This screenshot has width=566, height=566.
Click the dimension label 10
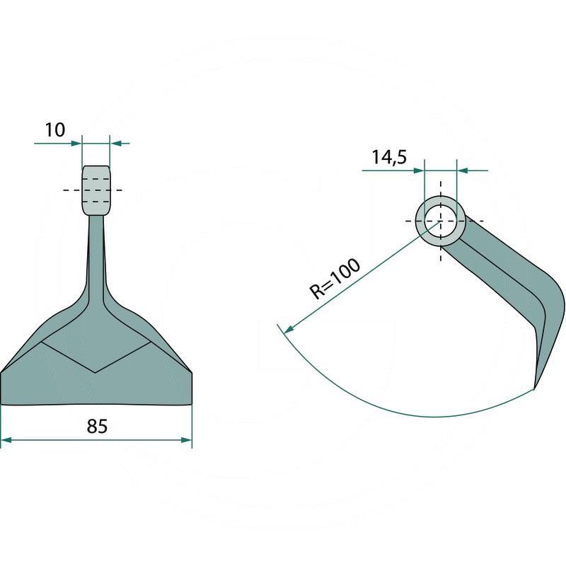[x=55, y=130]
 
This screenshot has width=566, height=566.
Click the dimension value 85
[x=97, y=427]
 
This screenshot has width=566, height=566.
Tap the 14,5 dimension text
[x=389, y=157]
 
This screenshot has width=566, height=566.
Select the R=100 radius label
[x=335, y=279]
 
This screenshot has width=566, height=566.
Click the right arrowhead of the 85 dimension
[x=186, y=440]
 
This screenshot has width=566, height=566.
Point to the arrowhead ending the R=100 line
[x=289, y=329]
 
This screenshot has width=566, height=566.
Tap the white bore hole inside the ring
[x=440, y=221]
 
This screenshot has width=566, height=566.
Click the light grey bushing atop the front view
[x=96, y=190]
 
